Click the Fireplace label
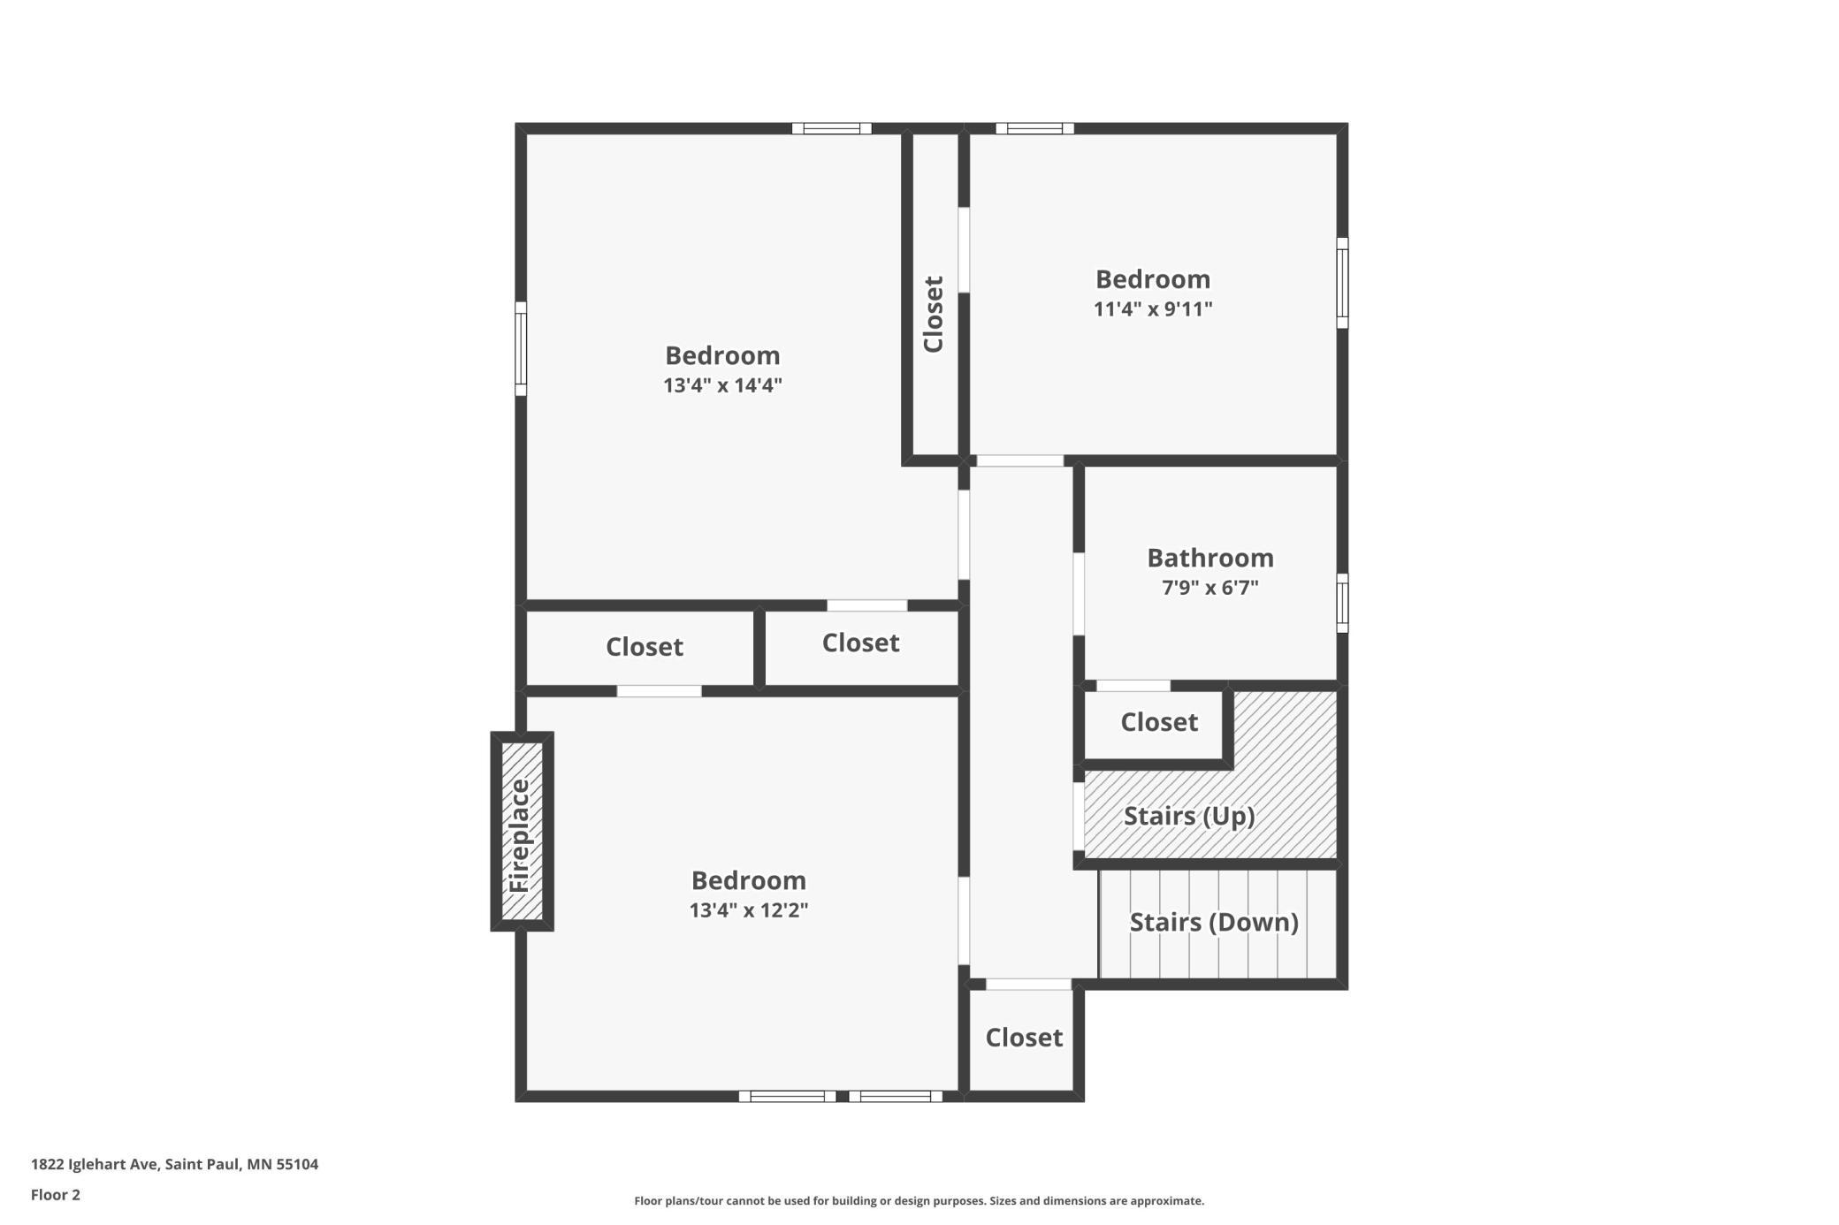click(x=519, y=835)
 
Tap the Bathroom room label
click(x=1210, y=558)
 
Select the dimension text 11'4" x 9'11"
click(x=1153, y=308)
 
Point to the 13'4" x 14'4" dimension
click(x=722, y=384)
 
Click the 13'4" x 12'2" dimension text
click(x=749, y=909)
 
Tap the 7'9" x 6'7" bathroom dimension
click(x=1210, y=587)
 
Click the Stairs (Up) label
click(x=1189, y=816)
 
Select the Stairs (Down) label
click(x=1214, y=923)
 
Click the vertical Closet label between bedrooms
click(x=934, y=314)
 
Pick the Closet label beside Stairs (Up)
click(x=1159, y=722)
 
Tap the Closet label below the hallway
click(x=1024, y=1038)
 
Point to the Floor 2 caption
click(x=56, y=1195)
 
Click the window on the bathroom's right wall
click(x=1342, y=603)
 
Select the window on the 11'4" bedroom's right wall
click(x=1342, y=283)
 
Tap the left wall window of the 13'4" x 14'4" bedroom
click(x=521, y=348)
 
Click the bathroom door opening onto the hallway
click(x=1079, y=594)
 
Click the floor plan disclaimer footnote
click(x=919, y=1200)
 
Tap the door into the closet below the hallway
click(x=1028, y=984)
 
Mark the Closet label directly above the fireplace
click(x=645, y=647)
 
